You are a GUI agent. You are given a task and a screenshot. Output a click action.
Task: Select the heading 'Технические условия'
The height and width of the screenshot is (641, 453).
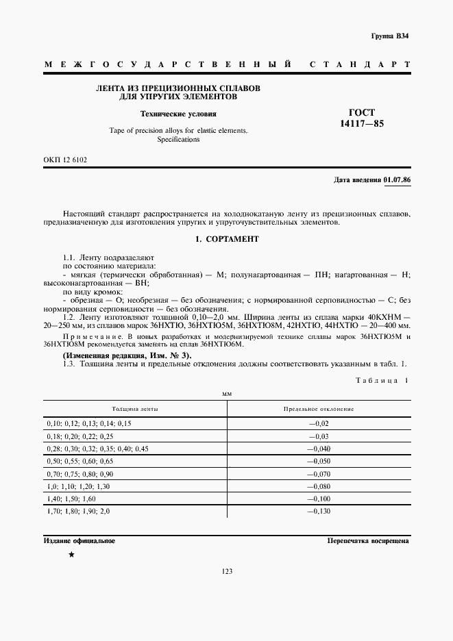pyautogui.click(x=178, y=114)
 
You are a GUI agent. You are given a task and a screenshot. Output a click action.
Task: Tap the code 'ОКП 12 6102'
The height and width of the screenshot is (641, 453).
pyautogui.click(x=66, y=160)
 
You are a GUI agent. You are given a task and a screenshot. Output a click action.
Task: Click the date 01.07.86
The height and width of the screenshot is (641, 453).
pyautogui.click(x=397, y=179)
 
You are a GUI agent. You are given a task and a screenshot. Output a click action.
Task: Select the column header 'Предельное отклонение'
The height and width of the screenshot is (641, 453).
pyautogui.click(x=319, y=409)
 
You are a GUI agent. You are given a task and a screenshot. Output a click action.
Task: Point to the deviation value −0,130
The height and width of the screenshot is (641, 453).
pyautogui.click(x=319, y=512)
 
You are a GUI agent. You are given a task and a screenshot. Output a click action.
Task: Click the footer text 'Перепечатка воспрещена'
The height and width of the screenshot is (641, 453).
pyautogui.click(x=369, y=540)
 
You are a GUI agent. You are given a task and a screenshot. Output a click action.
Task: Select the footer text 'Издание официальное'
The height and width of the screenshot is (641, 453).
pyautogui.click(x=79, y=540)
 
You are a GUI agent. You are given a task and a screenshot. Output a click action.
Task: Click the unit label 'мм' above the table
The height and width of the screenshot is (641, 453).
pyautogui.click(x=227, y=394)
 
